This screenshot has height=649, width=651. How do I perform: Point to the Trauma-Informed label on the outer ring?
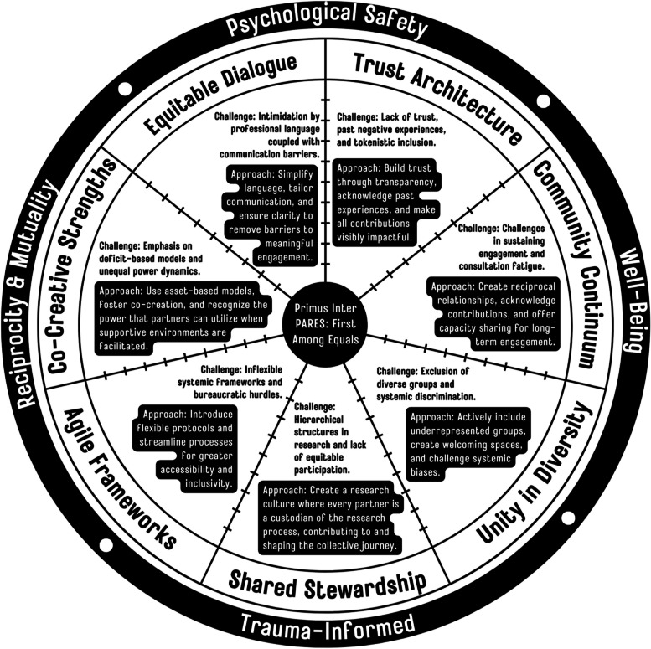(x=327, y=623)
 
